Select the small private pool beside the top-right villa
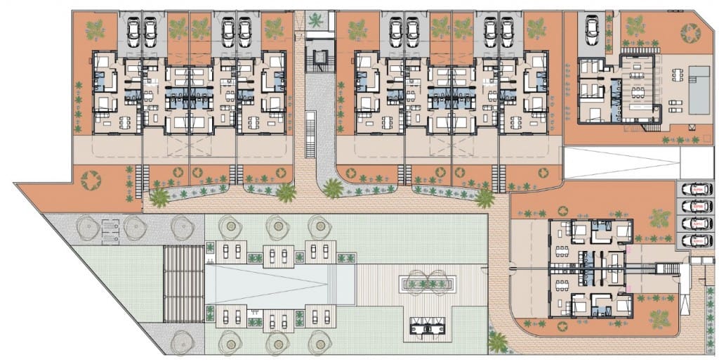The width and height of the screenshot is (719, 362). (x=699, y=90)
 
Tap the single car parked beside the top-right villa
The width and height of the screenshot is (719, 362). (x=592, y=30)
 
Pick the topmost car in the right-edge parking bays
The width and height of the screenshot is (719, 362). (x=695, y=190)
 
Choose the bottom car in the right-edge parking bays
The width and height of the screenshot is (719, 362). (x=695, y=240)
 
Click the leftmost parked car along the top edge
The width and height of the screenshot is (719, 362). (x=133, y=31)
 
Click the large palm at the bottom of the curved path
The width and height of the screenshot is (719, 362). (x=498, y=343)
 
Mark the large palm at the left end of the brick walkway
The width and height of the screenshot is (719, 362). (x=160, y=198)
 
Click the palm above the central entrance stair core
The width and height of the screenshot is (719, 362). (x=317, y=20)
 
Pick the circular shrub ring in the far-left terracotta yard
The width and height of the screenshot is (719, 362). (x=91, y=181)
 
